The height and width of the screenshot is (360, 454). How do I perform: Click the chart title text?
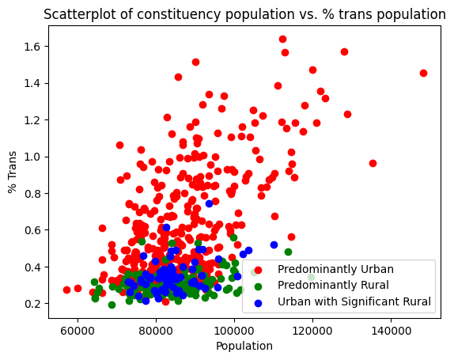[x=244, y=13]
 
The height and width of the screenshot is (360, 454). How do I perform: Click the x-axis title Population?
[x=244, y=346]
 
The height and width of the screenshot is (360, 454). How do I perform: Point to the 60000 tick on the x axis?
[x=78, y=329]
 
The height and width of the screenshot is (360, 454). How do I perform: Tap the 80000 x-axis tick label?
[x=156, y=329]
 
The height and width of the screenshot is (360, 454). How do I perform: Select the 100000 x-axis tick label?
[x=234, y=329]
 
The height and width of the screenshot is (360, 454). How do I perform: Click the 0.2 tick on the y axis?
[x=32, y=304]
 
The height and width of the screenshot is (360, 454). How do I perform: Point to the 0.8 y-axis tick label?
[x=32, y=193]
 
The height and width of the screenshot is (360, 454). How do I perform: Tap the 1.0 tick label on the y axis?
[x=32, y=157]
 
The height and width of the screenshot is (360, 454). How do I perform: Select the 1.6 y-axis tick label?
[x=32, y=47]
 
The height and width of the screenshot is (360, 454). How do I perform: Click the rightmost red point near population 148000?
[x=423, y=73]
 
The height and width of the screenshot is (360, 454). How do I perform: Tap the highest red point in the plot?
[x=282, y=39]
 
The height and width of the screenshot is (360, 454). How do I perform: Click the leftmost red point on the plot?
[x=66, y=290]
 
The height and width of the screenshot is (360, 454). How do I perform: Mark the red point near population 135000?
[x=373, y=163]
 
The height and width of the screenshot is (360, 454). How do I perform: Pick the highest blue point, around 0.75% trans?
[x=209, y=203]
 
